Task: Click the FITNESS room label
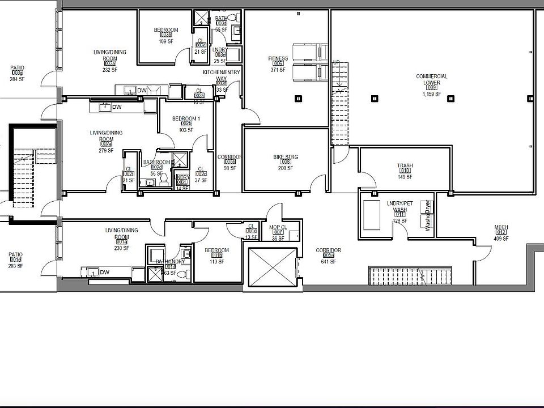tap(278, 58)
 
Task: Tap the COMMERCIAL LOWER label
tap(431, 79)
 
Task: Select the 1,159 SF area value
tap(431, 94)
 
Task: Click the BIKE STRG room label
tap(286, 156)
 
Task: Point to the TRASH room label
tap(405, 165)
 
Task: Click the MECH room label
tap(501, 227)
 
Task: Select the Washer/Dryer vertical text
tap(428, 216)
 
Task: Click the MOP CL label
tap(278, 227)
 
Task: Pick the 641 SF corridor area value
tap(329, 262)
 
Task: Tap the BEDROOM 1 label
tap(186, 118)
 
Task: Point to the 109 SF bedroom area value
tap(166, 41)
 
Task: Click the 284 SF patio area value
tap(18, 79)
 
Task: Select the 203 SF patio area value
tap(15, 266)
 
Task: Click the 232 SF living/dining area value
tap(110, 70)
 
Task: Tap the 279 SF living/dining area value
tap(106, 151)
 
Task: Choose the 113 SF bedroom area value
tap(216, 262)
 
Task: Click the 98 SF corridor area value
tap(229, 168)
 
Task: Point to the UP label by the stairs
tap(336, 62)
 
